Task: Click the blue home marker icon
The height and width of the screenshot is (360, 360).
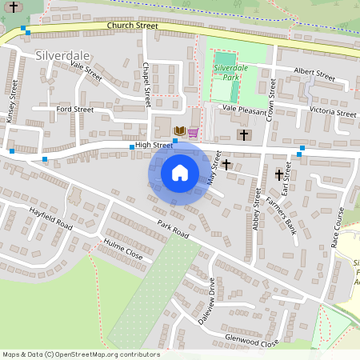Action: pos(180,173)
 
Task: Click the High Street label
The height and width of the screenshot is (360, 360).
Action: pos(154,145)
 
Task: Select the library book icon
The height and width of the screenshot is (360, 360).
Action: pos(180,130)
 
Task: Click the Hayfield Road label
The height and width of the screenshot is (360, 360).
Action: pos(50,216)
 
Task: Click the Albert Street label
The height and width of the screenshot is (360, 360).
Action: pos(314,74)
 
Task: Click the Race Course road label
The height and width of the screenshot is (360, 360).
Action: pos(338,228)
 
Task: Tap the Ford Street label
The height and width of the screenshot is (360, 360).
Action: pos(75,109)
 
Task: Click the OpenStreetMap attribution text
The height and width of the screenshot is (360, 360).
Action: pos(80,354)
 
